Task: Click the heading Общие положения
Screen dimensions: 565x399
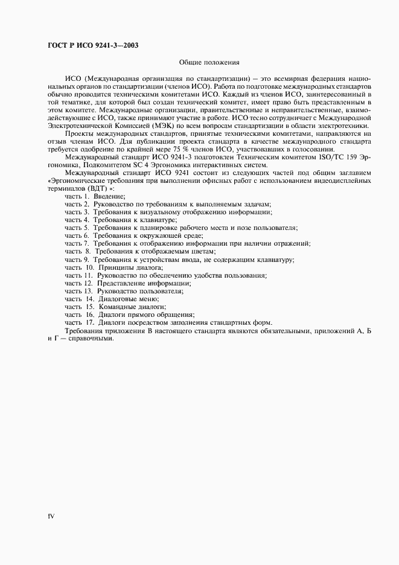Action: pos(209,62)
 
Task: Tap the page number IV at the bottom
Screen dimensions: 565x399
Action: pos(51,516)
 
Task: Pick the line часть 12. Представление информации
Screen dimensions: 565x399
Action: pos(128,282)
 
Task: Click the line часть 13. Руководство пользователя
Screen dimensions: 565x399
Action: pos(124,290)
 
